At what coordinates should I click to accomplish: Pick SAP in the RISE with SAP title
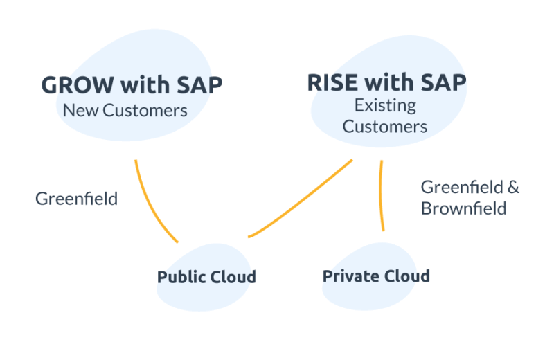[x=443, y=82]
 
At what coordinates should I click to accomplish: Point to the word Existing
[x=385, y=106]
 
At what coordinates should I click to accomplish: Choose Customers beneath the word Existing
[x=385, y=127]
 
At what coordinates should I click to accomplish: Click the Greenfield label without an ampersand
[x=76, y=199]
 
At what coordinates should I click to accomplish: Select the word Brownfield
[x=463, y=208]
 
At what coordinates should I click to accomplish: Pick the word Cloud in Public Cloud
[x=233, y=278]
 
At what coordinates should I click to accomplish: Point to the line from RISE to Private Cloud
[x=381, y=197]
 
